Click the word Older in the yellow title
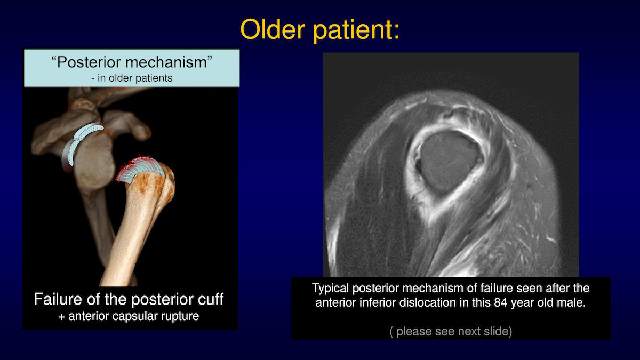click(x=273, y=29)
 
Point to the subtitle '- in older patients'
click(x=132, y=78)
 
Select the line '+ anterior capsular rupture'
click(x=129, y=316)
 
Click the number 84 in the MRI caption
click(x=500, y=302)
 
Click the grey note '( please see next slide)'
click(x=451, y=331)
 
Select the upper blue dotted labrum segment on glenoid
click(x=89, y=131)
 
